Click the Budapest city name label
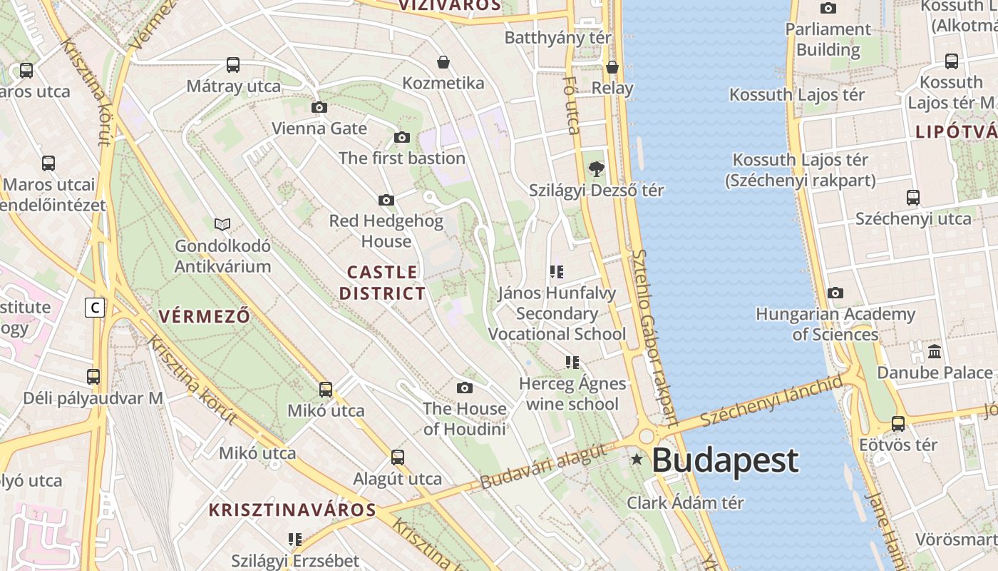[x=725, y=460]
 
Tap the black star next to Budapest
[x=637, y=460]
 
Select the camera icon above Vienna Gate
[x=319, y=108]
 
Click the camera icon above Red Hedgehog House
[x=386, y=201]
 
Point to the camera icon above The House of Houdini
[x=465, y=388]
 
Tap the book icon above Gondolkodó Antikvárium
[x=222, y=225]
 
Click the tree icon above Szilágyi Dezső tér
[x=596, y=169]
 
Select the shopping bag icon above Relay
[x=612, y=67]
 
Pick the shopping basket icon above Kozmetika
[x=443, y=62]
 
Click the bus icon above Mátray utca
[x=233, y=65]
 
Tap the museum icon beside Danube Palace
[x=935, y=352]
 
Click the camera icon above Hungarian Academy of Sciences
[x=835, y=293]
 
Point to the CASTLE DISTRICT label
[x=382, y=283]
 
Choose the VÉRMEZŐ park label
[x=205, y=316]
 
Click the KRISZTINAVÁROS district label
[x=292, y=510]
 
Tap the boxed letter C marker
[x=94, y=308]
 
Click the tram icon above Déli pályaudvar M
[x=93, y=377]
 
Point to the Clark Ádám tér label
[x=685, y=502]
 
